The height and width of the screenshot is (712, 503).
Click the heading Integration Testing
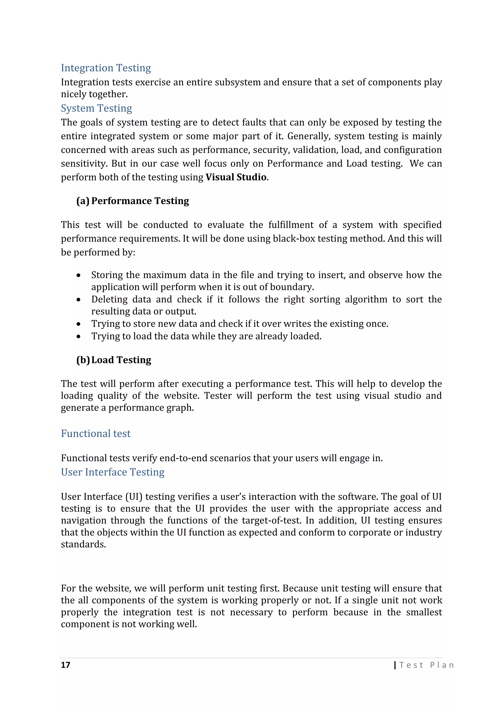(x=106, y=68)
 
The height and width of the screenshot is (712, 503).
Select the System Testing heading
(x=96, y=108)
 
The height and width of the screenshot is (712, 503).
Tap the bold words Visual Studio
(x=236, y=177)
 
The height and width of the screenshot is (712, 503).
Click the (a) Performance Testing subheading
(x=133, y=201)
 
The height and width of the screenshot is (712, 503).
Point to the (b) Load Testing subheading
(x=114, y=360)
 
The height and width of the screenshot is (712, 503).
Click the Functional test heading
(x=96, y=433)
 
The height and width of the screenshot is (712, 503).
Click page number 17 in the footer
(x=65, y=665)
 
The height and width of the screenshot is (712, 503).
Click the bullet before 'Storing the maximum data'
(x=79, y=275)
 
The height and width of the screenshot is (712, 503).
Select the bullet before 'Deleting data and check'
(x=79, y=299)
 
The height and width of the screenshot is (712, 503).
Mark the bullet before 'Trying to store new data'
(x=79, y=324)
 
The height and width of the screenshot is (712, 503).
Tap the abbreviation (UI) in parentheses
(x=134, y=496)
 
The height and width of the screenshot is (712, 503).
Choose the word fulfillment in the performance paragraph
(x=291, y=224)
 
